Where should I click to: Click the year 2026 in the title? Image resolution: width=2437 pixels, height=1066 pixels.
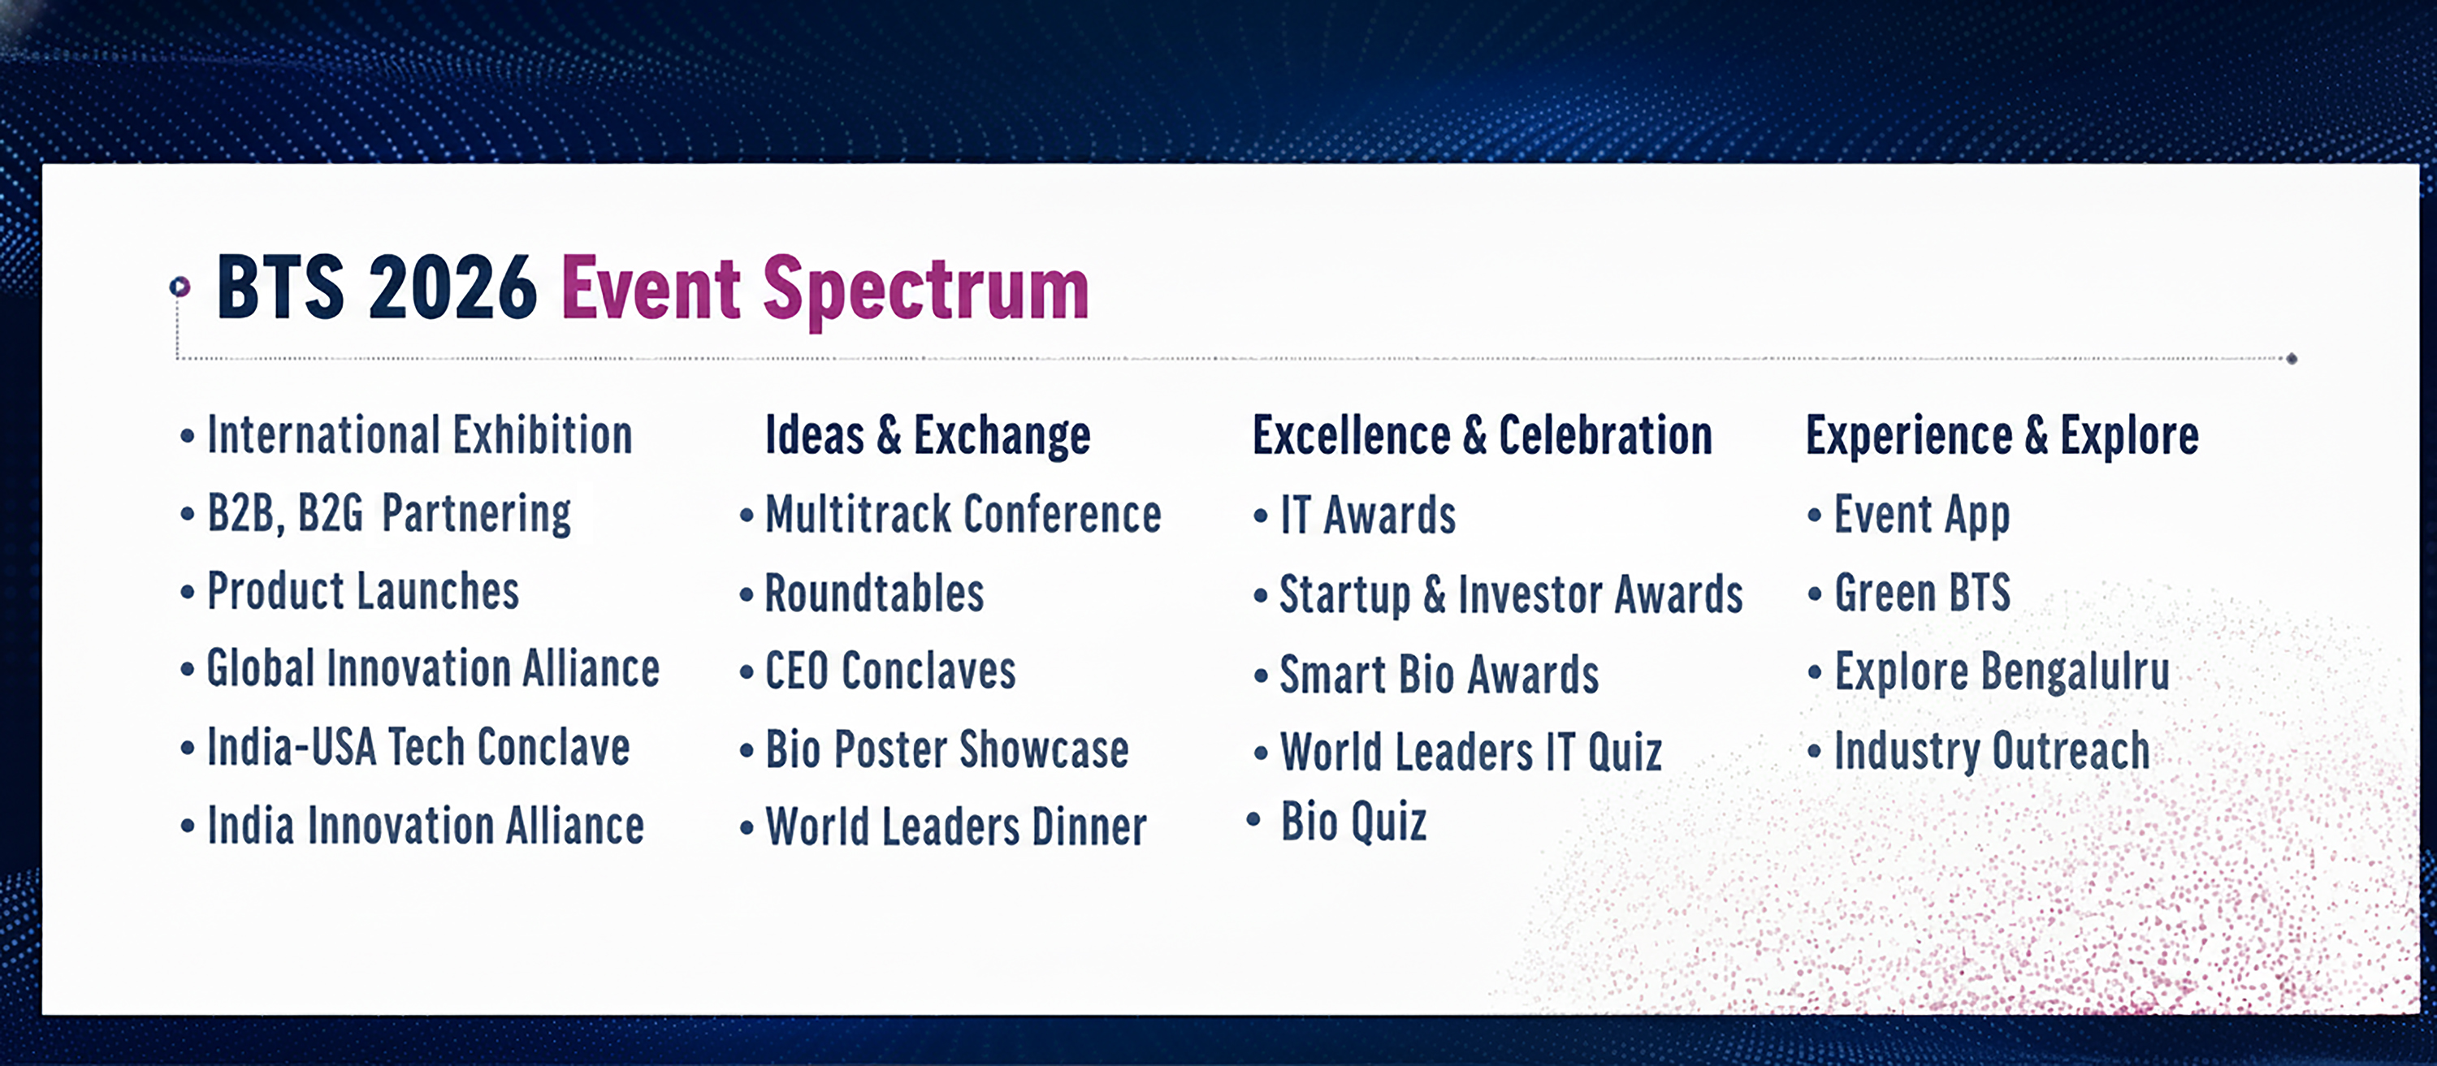point(452,287)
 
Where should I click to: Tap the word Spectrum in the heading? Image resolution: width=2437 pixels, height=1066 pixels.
point(925,290)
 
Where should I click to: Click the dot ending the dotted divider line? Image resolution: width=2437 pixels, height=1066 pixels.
point(2292,359)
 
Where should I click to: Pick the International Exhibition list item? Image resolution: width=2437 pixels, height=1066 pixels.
point(419,435)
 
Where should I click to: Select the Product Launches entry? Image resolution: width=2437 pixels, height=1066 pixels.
point(362,592)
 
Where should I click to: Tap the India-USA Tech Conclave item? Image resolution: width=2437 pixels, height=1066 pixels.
point(418,747)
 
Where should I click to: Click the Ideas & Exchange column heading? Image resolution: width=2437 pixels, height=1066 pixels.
point(927,435)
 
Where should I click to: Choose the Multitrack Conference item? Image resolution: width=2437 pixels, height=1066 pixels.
point(962,515)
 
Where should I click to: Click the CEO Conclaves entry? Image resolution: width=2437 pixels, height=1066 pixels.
point(890,671)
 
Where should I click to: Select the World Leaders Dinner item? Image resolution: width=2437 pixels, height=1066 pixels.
point(955,826)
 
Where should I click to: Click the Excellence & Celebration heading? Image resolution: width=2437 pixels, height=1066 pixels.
point(1482,435)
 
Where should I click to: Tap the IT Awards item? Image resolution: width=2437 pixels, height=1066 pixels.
point(1367,516)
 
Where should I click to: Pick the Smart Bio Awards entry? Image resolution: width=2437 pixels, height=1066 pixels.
point(1438,675)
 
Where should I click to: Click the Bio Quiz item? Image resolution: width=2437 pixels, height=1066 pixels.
point(1353,821)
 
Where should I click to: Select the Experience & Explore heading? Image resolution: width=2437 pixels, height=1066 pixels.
point(2002,435)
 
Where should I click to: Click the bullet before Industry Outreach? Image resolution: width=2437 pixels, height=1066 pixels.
point(1814,752)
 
